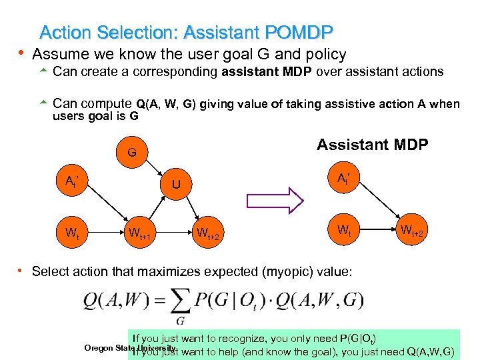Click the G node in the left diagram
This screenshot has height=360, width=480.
131,153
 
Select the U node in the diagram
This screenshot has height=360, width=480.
175,183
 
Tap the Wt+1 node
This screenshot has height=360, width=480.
139,233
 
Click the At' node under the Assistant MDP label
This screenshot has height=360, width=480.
345,179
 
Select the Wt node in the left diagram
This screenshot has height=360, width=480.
73,233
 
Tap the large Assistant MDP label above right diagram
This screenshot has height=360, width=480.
372,145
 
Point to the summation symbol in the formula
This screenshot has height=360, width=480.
179,303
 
